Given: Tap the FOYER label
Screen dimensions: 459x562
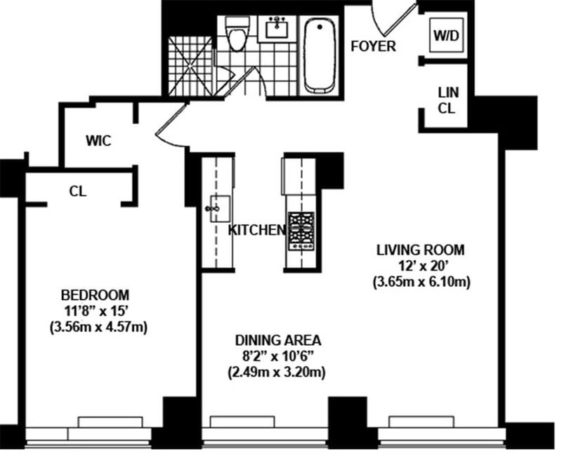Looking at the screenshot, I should [x=374, y=47].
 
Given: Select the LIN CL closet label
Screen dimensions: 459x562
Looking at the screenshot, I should [x=446, y=100].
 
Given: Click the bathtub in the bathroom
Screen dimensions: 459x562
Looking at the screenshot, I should [x=320, y=55].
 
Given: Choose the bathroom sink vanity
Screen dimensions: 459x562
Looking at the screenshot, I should [x=277, y=30].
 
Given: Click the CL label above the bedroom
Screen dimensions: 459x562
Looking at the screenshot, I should [x=77, y=190].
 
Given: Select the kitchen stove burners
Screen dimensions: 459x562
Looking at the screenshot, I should [x=301, y=230].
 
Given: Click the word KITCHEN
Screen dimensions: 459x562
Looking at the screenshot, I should [x=256, y=230].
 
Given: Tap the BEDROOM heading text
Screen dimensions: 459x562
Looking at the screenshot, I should [x=95, y=294].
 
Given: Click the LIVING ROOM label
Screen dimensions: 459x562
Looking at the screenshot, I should [x=420, y=250].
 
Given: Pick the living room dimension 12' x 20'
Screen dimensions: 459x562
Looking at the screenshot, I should [x=420, y=266].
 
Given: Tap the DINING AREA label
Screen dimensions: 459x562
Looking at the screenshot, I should [x=277, y=340].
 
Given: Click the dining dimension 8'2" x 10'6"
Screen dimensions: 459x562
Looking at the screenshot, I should [x=277, y=356].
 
